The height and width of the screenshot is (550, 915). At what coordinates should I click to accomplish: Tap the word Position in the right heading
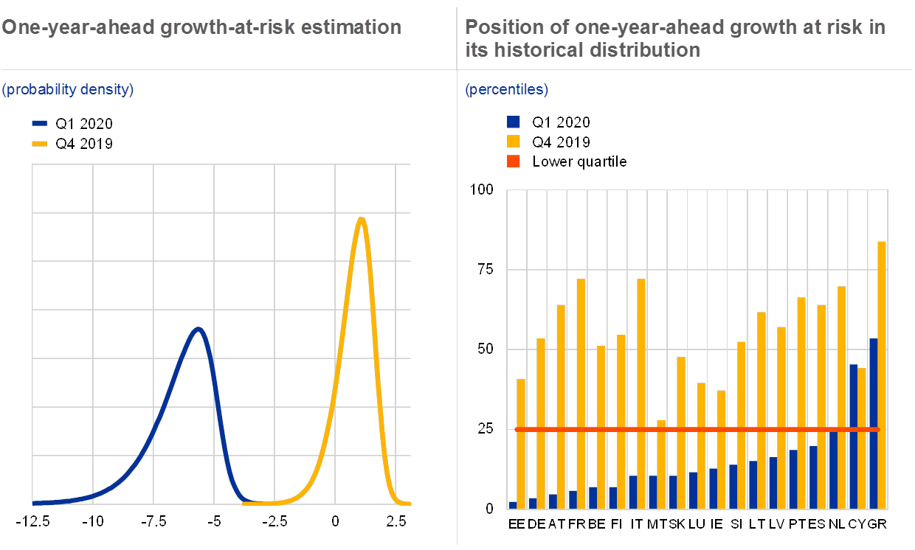coord(498,27)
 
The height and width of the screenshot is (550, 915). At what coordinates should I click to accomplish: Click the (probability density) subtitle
coord(68,90)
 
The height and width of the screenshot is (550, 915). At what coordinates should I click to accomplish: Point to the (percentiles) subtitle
coord(506,90)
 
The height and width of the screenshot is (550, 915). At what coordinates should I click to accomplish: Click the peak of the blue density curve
coord(197,329)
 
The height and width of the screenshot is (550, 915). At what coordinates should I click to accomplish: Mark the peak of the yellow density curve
coord(361,219)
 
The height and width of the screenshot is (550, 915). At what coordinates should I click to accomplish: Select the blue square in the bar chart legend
coord(514,122)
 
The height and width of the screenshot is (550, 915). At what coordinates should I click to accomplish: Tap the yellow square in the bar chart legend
coord(514,142)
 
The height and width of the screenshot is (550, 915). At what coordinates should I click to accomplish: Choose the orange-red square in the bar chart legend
coord(514,161)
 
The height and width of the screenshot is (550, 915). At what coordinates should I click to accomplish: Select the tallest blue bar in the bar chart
coord(873,423)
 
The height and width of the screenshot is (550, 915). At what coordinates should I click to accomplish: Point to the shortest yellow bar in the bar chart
coord(661,464)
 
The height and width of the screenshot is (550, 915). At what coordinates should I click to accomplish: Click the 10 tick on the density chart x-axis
coord(96,522)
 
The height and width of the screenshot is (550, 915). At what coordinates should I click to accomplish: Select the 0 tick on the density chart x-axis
coord(336,522)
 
